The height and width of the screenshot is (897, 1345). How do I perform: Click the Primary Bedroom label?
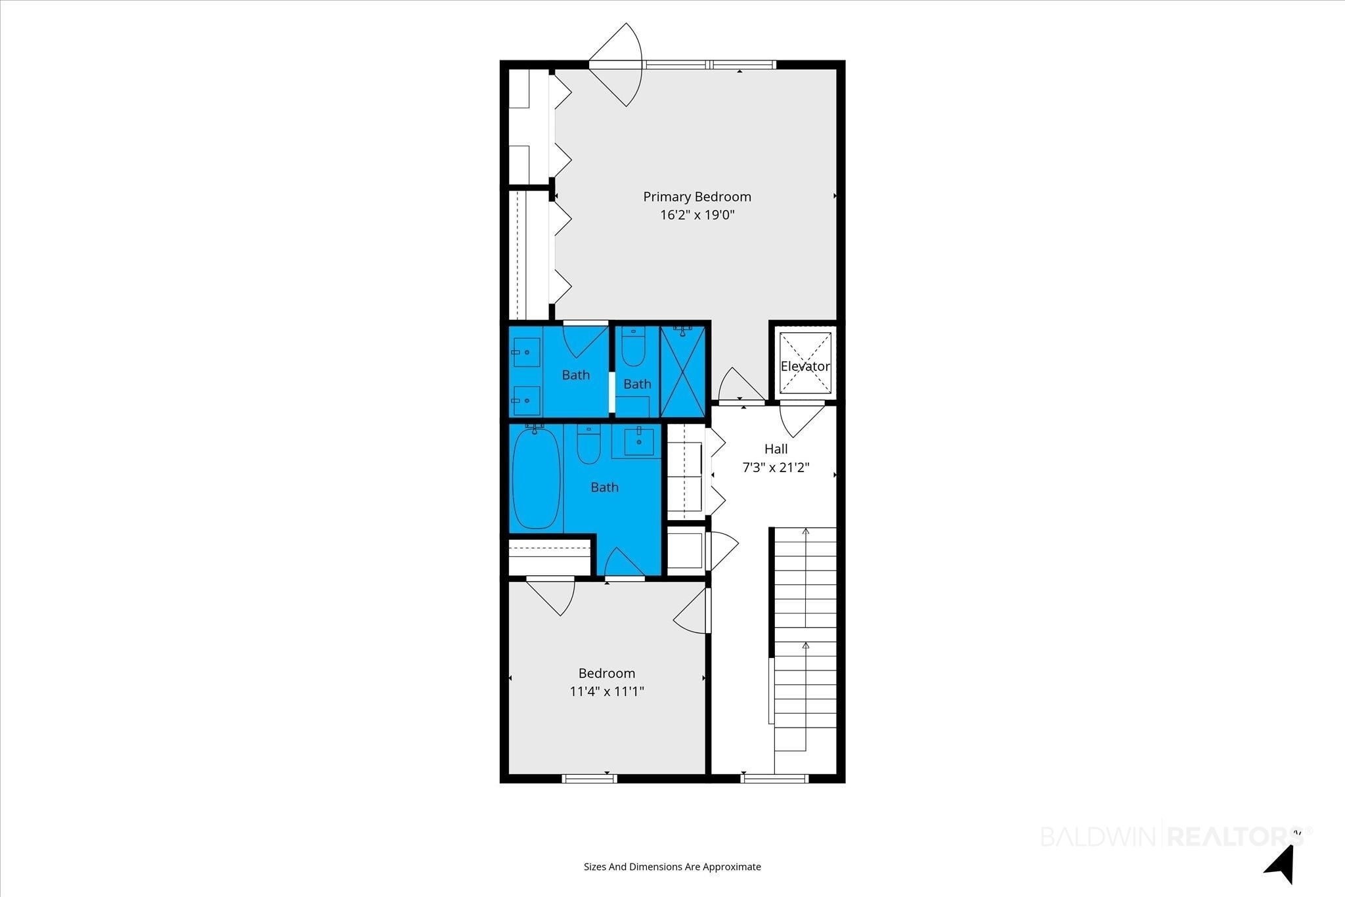tap(697, 196)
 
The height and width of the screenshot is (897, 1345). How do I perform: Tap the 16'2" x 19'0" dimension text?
tap(697, 215)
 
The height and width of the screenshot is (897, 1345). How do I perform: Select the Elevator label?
tap(805, 366)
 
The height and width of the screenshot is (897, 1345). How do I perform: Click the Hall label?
tap(776, 449)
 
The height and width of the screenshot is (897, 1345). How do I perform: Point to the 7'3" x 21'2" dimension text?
tap(776, 468)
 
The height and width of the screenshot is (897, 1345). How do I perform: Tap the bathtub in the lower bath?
tap(537, 477)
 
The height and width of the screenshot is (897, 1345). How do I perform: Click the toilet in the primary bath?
tap(634, 347)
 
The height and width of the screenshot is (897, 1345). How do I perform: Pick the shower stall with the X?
tap(683, 372)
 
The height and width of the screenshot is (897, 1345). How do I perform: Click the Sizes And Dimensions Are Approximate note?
tap(672, 867)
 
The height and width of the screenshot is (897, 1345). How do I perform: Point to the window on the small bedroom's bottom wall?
tap(590, 779)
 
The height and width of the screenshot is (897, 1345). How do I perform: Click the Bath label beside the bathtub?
tap(604, 487)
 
